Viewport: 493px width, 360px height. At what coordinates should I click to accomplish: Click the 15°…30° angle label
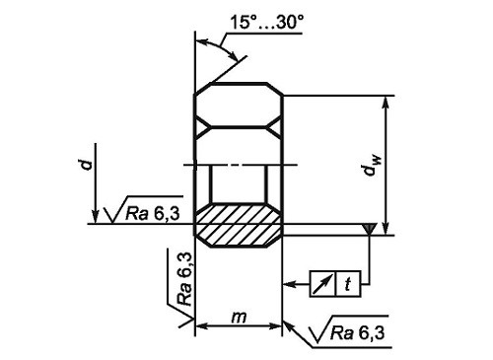(266, 23)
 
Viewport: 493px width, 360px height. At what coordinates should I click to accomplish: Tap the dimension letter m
(239, 318)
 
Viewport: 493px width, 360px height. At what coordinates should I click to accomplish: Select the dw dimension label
(371, 165)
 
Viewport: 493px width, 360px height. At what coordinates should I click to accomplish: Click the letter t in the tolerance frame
(348, 284)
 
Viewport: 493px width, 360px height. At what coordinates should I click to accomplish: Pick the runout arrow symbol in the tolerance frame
(322, 284)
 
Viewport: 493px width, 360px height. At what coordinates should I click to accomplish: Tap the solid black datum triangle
(370, 229)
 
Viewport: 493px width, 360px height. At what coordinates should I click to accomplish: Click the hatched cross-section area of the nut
(239, 225)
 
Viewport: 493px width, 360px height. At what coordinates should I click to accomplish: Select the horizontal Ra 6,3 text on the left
(153, 213)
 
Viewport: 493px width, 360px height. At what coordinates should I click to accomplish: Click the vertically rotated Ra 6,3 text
(184, 279)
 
